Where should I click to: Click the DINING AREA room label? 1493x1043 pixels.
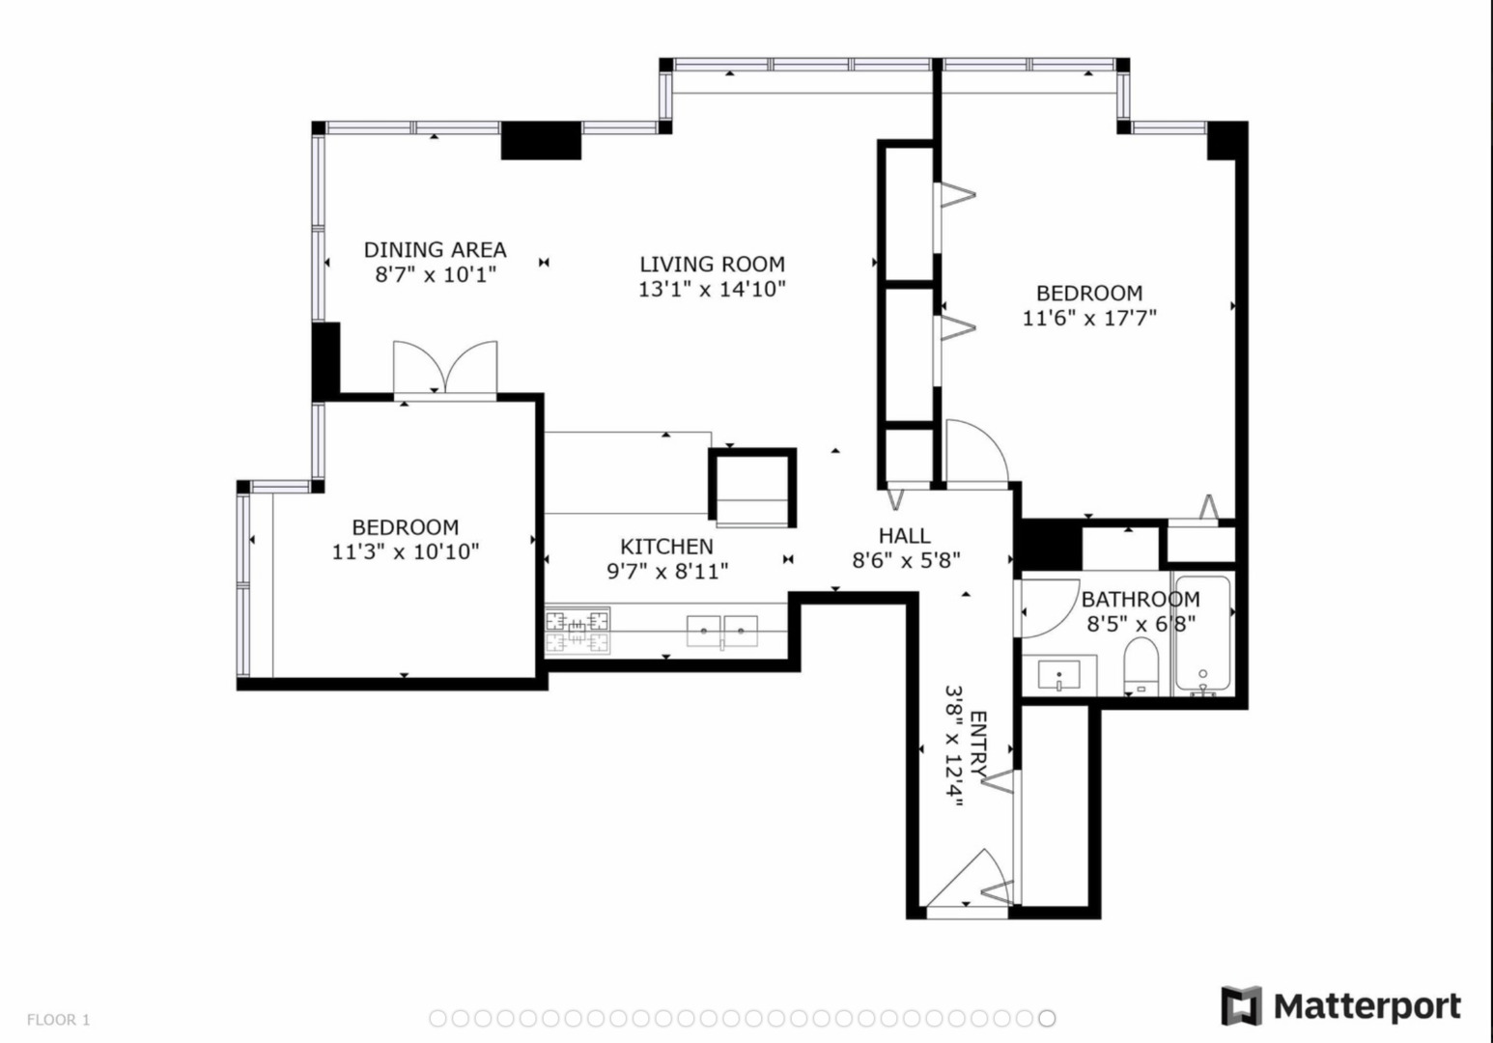[436, 250]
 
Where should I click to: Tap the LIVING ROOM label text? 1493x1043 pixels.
[713, 265]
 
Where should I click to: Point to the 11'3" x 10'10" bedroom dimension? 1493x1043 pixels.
[406, 551]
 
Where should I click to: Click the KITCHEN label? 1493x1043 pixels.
[666, 547]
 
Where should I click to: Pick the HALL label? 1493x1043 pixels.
[905, 535]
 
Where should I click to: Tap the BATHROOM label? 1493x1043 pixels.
[1141, 600]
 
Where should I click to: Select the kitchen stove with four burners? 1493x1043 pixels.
[577, 631]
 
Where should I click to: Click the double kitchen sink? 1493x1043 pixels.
[721, 632]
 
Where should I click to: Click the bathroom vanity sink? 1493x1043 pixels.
[1059, 674]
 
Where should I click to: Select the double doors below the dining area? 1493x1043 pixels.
[445, 367]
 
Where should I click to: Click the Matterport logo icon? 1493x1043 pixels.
[1242, 1005]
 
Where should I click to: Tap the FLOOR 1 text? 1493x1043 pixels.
[58, 1020]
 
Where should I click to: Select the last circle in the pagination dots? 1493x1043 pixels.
[1047, 1018]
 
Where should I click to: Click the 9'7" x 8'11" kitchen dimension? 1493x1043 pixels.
[667, 571]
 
